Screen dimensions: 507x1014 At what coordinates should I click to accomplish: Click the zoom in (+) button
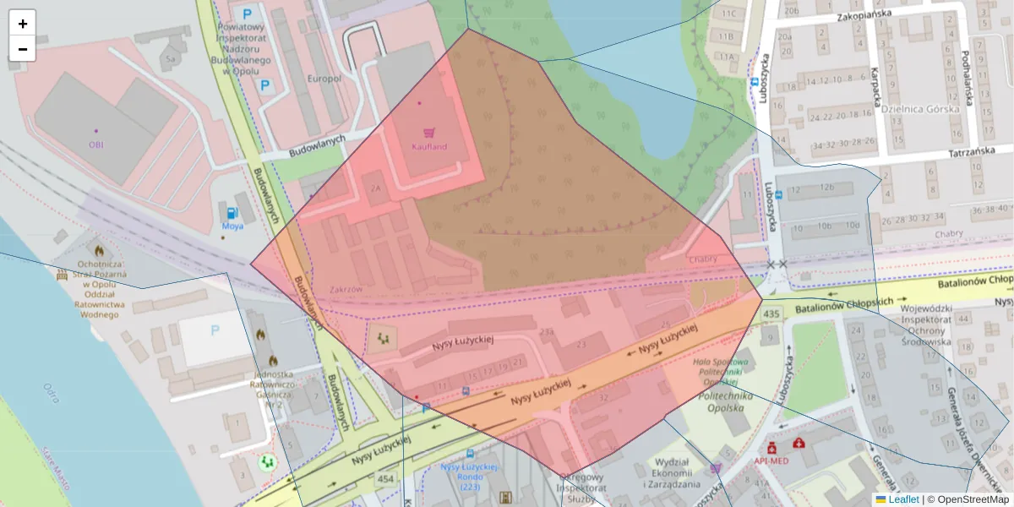tap(23, 23)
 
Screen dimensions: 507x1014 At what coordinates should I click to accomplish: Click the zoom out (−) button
tap(23, 48)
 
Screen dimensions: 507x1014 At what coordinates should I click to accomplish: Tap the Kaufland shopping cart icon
tap(429, 133)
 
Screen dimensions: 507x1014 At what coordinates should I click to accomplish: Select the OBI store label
tap(95, 144)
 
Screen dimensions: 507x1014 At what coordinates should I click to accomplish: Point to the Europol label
tap(324, 79)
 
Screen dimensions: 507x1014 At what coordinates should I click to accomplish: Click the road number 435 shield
tap(770, 313)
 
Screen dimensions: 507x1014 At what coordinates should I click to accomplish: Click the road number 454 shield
tap(386, 480)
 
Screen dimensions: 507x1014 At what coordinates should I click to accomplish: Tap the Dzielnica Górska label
tap(920, 108)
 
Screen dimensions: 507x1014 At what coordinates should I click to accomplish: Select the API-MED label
tap(771, 461)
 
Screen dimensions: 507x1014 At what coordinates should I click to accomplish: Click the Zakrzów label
tap(346, 289)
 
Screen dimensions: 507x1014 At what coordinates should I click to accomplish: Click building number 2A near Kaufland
tap(375, 188)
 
